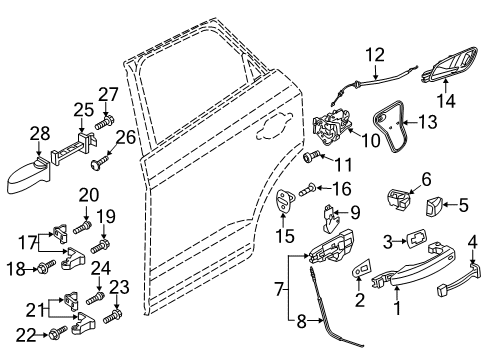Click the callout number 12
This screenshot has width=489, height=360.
tap(375, 55)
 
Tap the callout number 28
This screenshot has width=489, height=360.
tap(40, 133)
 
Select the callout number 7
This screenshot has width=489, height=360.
tap(279, 289)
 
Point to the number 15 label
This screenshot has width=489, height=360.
tap(285, 236)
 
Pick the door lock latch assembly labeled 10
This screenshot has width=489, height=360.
tap(332, 126)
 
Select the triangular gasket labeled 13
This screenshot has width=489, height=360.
tap(390, 127)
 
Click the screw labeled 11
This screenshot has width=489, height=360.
tap(312, 156)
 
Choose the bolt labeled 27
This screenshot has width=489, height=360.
tap(104, 122)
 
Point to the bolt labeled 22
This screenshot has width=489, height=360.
tap(58, 332)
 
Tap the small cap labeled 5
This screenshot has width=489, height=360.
tap(433, 206)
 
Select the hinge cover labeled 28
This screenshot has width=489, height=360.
tap(28, 176)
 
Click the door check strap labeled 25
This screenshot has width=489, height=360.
tap(73, 148)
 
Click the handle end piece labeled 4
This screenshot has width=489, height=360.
tap(459, 279)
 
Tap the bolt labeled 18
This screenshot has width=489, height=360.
tap(46, 267)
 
